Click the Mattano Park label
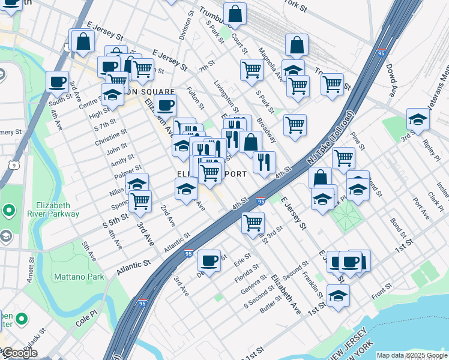[79, 277]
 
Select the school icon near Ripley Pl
[418, 119]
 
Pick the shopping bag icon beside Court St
[235, 13]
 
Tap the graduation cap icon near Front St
[339, 295]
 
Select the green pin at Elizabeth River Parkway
[9, 210]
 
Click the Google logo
[19, 353]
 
